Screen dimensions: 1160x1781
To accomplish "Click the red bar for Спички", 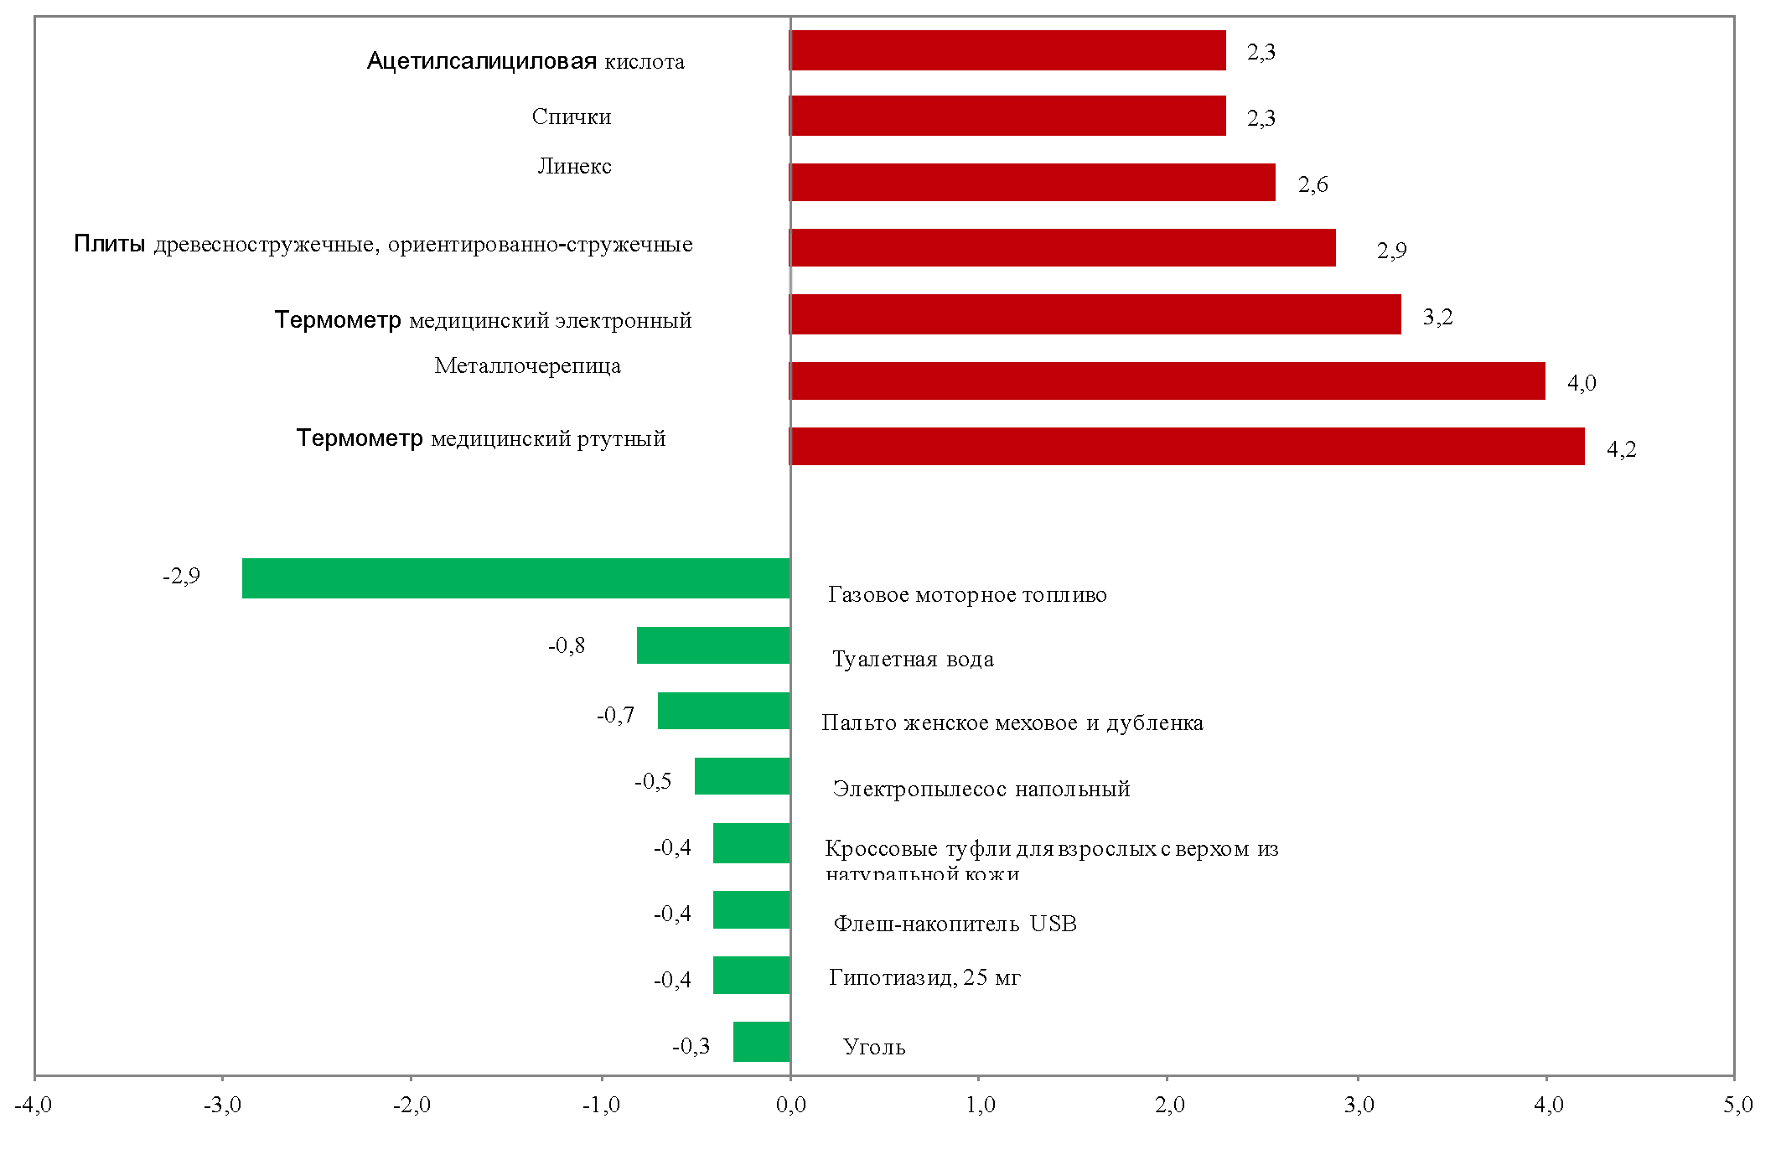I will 1007,116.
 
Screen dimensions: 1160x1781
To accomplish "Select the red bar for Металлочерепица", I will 1167,381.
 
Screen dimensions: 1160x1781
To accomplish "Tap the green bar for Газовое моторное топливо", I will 515,577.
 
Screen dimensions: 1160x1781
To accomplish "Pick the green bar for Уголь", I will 761,1041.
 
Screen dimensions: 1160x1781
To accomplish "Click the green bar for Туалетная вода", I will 712,645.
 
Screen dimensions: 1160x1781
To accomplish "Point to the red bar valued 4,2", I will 1187,446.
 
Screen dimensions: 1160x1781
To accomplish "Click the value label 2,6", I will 1312,184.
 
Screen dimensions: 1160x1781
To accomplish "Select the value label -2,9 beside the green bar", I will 181,576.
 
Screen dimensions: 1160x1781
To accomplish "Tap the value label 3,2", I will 1437,317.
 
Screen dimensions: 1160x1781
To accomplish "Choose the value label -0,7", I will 615,715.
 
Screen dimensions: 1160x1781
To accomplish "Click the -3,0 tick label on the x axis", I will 222,1105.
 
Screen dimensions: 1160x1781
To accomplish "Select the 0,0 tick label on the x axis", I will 790,1105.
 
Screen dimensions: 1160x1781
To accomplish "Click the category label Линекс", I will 574,166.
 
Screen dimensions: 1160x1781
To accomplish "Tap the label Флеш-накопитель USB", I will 955,924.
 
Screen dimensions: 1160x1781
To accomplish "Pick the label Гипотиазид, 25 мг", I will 924,977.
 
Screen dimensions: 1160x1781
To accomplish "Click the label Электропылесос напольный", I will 981,789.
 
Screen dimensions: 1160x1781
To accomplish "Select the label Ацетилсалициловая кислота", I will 525,61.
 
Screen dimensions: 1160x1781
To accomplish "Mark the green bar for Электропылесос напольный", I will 742,776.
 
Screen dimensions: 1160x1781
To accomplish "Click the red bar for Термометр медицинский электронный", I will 1095,314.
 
